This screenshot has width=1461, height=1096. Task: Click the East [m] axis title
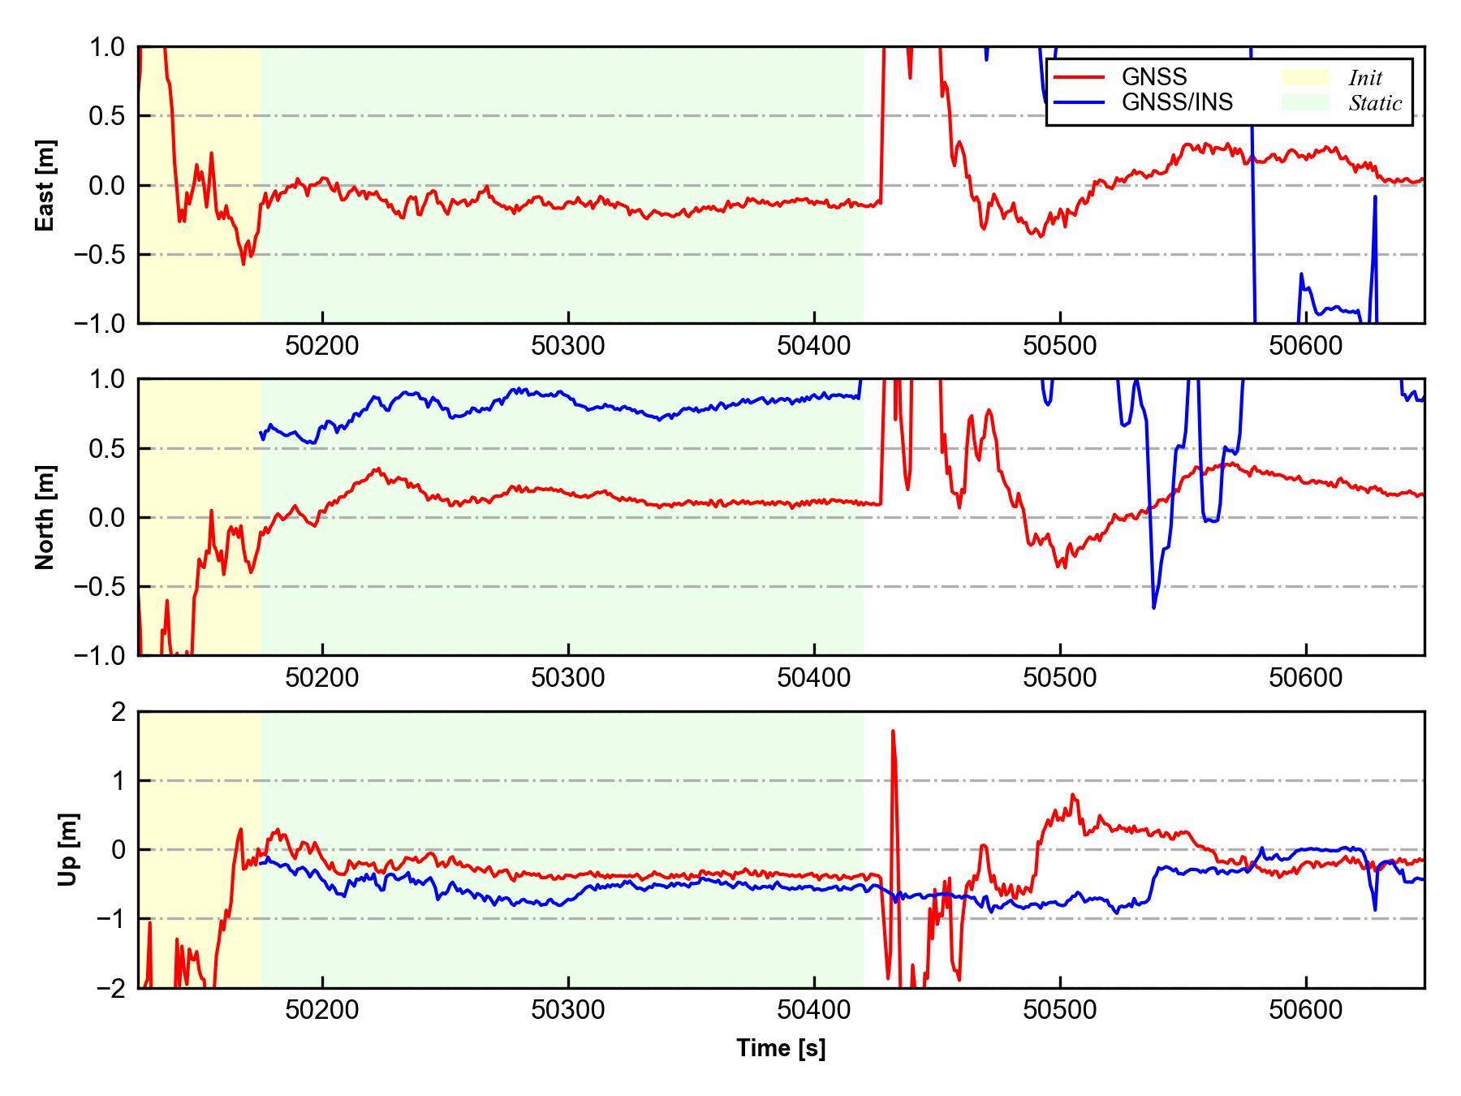(45, 186)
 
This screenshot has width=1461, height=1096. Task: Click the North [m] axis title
(45, 517)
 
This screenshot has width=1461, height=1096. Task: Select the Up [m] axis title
(69, 849)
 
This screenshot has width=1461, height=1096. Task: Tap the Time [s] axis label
(781, 1048)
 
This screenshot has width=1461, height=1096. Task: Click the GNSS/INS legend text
(1177, 102)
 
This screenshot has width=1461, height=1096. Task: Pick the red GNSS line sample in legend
(1079, 77)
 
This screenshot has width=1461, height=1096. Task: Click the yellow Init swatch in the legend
(1304, 77)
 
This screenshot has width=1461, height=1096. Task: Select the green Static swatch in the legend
(1304, 102)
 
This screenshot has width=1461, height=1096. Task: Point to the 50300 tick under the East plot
(568, 346)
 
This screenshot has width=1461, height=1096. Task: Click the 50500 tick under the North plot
(1059, 678)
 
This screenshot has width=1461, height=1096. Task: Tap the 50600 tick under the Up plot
(1305, 1010)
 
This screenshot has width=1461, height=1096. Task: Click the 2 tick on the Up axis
(119, 712)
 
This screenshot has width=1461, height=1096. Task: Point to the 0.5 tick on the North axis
(108, 449)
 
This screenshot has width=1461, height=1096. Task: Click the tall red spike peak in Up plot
(893, 731)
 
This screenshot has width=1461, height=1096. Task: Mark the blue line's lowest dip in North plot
(1153, 607)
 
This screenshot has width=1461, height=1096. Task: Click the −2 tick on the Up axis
(110, 988)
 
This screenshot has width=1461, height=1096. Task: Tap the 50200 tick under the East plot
(322, 346)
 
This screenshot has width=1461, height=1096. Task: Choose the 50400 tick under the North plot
(814, 678)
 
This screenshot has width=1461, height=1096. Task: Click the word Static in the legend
(1375, 103)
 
